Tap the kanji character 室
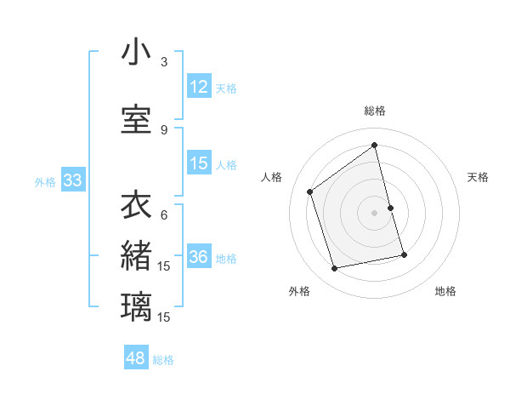(136, 119)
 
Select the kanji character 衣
(136, 205)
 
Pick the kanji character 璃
(136, 307)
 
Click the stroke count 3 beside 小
(164, 62)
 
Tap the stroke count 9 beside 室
(164, 130)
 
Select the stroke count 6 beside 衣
(164, 215)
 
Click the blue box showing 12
(199, 87)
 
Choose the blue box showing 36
(199, 257)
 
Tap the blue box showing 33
(72, 180)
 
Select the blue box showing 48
(136, 358)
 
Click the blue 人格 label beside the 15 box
(226, 165)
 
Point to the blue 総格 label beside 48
(163, 360)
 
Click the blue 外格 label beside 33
(45, 181)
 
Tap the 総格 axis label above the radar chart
(375, 111)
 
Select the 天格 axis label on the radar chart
(479, 177)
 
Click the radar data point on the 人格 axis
(310, 192)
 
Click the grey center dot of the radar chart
(375, 213)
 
